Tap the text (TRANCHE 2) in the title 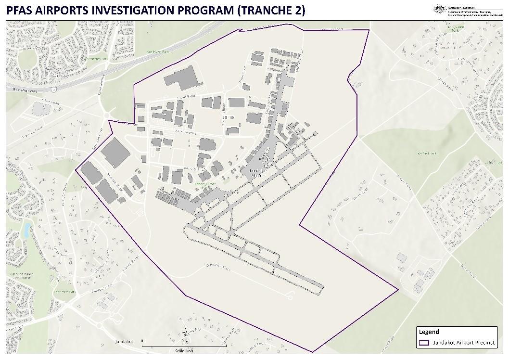pyautogui.click(x=271, y=10)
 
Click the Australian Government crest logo pyautogui.click(x=438, y=8)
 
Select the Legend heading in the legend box pyautogui.click(x=429, y=332)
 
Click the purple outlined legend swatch pyautogui.click(x=424, y=343)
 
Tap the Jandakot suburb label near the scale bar pyautogui.click(x=124, y=342)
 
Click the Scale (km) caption pyautogui.click(x=184, y=351)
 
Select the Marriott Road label pyautogui.click(x=224, y=113)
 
